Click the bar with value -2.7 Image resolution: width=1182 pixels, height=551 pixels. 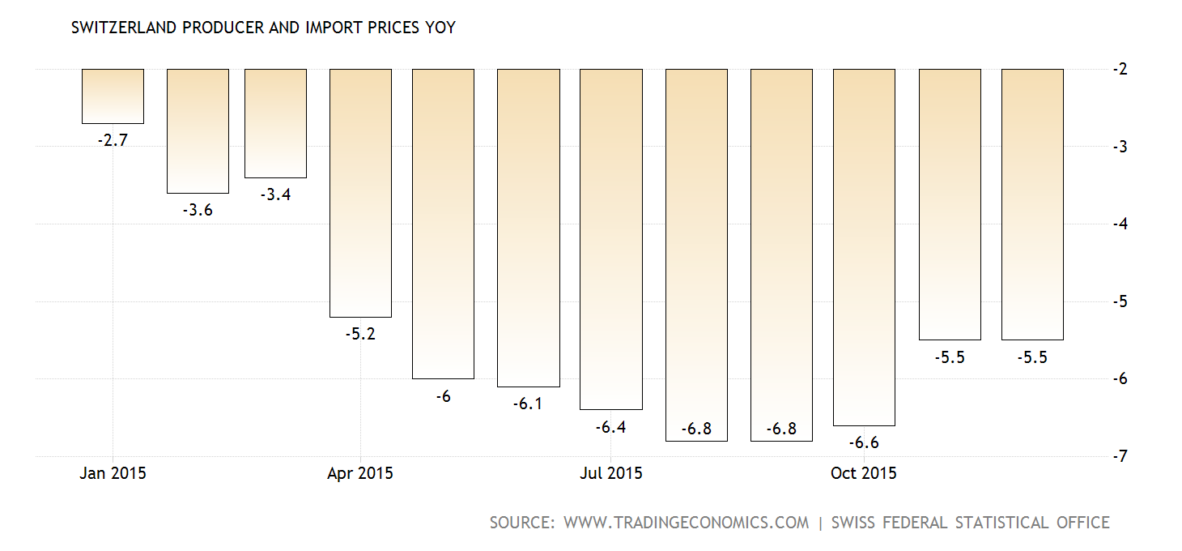tap(113, 96)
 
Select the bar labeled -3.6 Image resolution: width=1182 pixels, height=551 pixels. tap(198, 131)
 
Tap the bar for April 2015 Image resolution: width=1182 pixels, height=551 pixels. tap(360, 193)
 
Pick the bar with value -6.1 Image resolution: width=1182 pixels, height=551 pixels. tap(528, 228)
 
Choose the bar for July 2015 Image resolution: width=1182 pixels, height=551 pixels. tap(611, 239)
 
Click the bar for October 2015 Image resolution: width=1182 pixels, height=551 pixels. tap(864, 247)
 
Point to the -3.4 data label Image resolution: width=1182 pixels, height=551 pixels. tap(275, 194)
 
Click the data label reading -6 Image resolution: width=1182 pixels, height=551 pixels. tap(443, 396)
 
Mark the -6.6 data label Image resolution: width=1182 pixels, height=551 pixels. tap(864, 442)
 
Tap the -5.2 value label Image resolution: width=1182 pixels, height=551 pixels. tap(360, 334)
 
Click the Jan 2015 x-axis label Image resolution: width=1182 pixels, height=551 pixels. tap(113, 473)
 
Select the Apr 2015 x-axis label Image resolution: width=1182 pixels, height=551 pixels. tap(360, 473)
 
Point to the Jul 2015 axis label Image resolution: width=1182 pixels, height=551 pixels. tap(610, 473)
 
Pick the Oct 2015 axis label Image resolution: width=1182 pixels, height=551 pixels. tap(864, 473)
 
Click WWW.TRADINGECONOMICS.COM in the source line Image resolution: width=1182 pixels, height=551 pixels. tap(686, 523)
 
